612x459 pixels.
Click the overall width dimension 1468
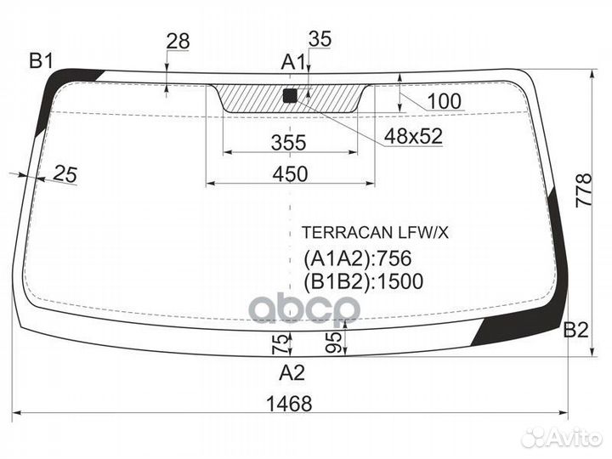(x=288, y=404)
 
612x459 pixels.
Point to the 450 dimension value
(x=290, y=173)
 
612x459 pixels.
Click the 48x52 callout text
(x=413, y=136)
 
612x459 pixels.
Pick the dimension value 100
(x=444, y=102)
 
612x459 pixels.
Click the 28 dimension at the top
(x=178, y=40)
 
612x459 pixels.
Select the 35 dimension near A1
(x=320, y=38)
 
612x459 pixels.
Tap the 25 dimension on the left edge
(x=65, y=174)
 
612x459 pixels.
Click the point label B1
(x=42, y=60)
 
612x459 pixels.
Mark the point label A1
(x=293, y=61)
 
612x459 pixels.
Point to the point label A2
(x=292, y=371)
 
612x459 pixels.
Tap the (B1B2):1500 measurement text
(x=363, y=281)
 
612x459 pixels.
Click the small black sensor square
(x=290, y=95)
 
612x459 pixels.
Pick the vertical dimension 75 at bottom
(x=277, y=344)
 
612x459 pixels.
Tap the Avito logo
(x=562, y=437)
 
